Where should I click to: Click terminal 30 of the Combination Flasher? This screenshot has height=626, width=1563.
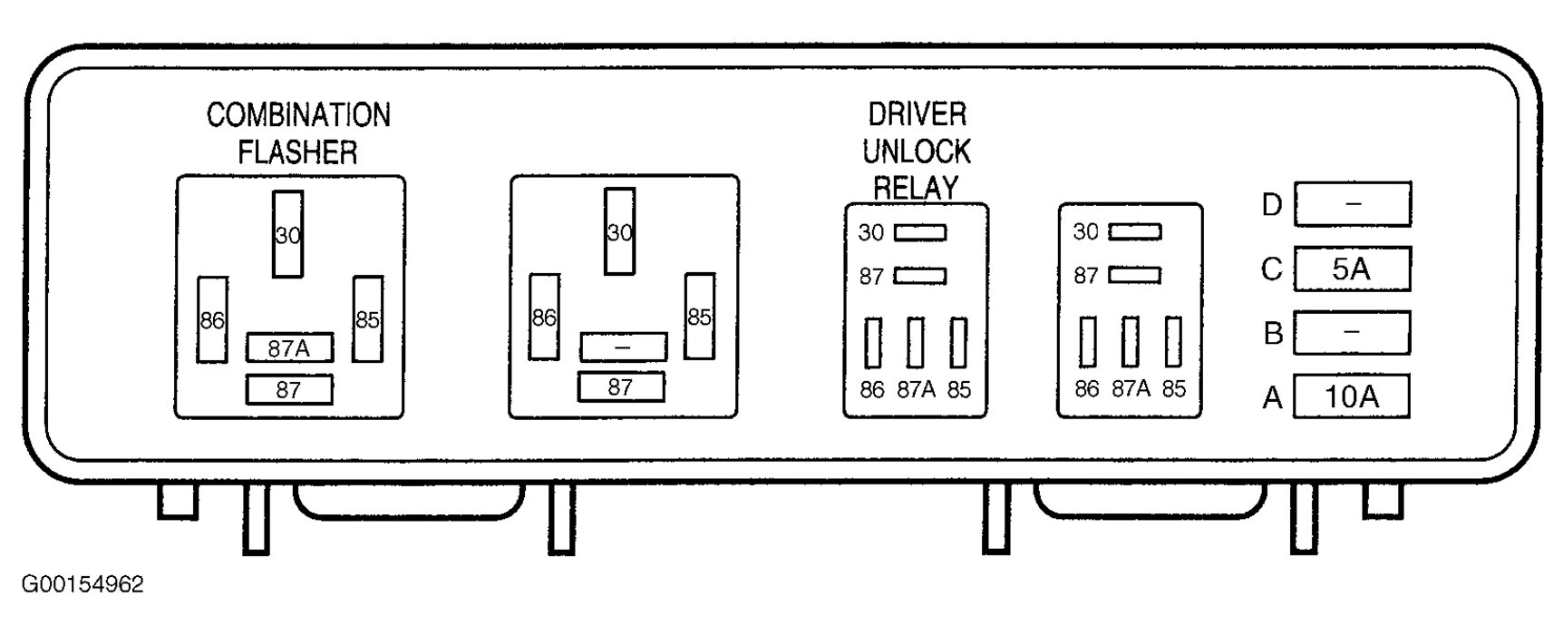(x=288, y=234)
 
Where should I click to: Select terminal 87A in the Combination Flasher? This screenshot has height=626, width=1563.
(x=289, y=347)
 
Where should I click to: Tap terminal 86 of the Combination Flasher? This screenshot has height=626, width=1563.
(x=212, y=319)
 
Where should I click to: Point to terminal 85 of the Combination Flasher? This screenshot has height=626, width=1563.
(x=367, y=319)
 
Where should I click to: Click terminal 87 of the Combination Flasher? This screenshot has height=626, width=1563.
(x=289, y=390)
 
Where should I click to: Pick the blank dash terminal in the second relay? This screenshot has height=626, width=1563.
(x=623, y=347)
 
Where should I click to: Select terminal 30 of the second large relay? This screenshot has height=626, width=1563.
(x=620, y=231)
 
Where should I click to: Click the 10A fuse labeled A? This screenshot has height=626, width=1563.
(x=1351, y=396)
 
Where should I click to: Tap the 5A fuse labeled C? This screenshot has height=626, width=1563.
(x=1352, y=269)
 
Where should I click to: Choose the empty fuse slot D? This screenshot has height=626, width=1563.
(x=1352, y=204)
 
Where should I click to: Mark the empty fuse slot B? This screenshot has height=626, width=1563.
(x=1352, y=333)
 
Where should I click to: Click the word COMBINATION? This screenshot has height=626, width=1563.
(x=298, y=115)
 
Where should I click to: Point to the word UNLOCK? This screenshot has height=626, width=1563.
(x=917, y=151)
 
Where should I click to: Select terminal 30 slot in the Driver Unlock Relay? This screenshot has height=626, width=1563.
(x=920, y=233)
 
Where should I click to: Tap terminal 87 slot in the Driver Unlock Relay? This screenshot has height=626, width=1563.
(x=920, y=276)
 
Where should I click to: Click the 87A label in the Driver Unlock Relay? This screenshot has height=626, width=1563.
(x=916, y=389)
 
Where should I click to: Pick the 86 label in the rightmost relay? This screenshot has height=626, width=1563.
(x=1086, y=389)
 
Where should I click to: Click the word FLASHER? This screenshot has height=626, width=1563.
(x=298, y=152)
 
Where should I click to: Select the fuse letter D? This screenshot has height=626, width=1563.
(x=1272, y=205)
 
